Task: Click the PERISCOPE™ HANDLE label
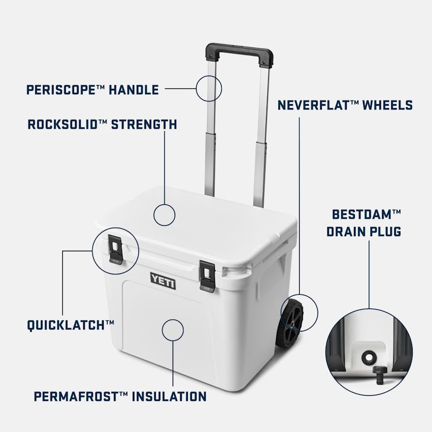click(92, 90)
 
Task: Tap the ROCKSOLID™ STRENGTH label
click(102, 124)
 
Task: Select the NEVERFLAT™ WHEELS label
click(345, 106)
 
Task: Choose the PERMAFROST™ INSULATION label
click(119, 396)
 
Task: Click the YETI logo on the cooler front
click(162, 278)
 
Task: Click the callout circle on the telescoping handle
click(209, 87)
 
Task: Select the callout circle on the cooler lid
click(165, 215)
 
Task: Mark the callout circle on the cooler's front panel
click(173, 330)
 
